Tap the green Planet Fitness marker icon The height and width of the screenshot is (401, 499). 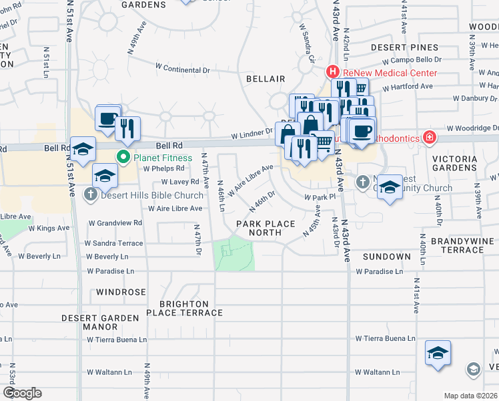coord(123,158)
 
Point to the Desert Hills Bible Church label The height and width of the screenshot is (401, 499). coord(152,195)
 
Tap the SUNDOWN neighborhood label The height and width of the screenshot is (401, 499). coord(386,257)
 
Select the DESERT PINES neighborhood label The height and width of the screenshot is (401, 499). coord(405,47)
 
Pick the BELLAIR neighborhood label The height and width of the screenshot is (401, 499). coord(266,79)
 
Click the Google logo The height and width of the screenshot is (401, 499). coord(22,393)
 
